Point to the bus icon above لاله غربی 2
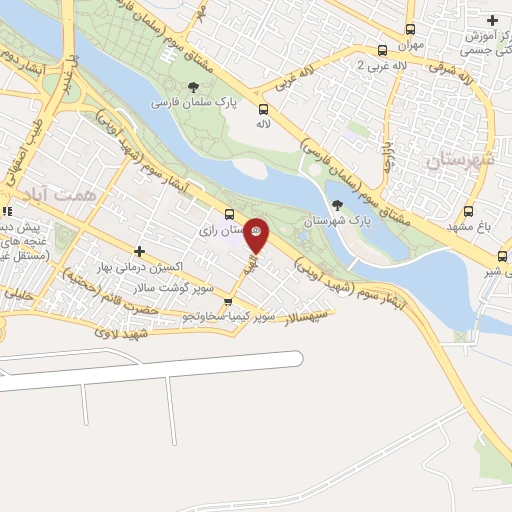point(381,49)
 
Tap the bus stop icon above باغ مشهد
point(468,211)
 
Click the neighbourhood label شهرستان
point(459,159)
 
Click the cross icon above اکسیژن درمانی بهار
point(139,251)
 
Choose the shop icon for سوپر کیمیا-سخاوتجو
point(229,302)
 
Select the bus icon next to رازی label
point(230,213)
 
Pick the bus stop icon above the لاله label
point(263,109)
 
